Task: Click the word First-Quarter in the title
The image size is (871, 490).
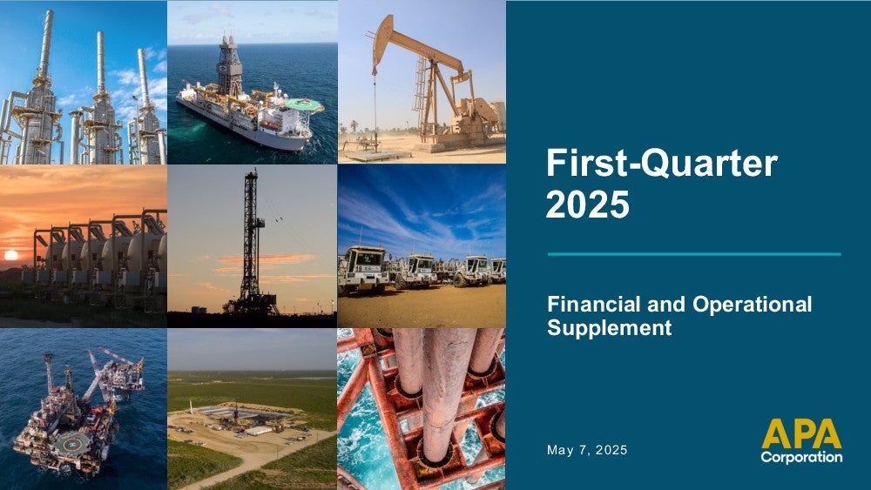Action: click(662, 163)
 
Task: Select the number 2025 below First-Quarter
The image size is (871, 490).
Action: click(588, 205)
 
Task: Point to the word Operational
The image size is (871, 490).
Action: click(753, 305)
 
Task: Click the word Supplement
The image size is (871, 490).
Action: click(610, 328)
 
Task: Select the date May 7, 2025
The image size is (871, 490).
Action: click(587, 450)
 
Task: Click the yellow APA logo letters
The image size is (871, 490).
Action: click(801, 433)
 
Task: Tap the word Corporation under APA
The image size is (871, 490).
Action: click(801, 457)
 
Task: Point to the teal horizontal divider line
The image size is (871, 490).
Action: click(694, 254)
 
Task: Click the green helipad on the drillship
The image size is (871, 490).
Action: click(303, 104)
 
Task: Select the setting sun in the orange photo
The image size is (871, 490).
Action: click(11, 255)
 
